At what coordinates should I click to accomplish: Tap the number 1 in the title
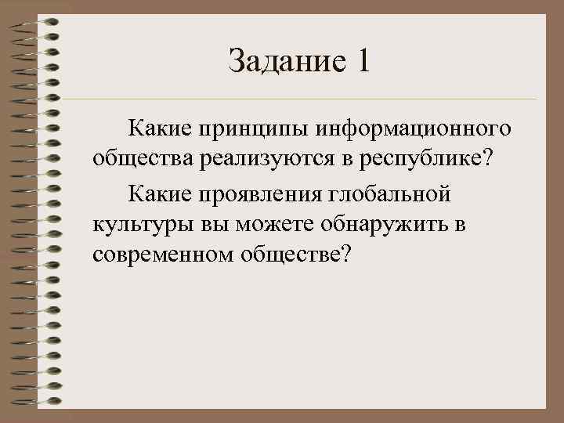(x=360, y=61)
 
